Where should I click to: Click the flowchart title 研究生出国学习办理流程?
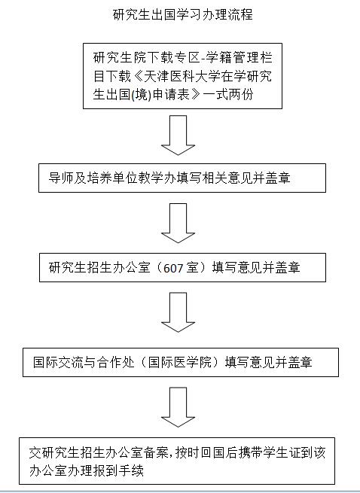tap(182, 15)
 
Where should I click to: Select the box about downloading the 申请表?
tap(182, 76)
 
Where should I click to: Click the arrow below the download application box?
tap(178, 135)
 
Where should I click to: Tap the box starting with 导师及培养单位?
tap(182, 178)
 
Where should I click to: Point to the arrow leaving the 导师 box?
tap(178, 224)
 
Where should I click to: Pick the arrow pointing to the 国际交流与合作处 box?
tap(178, 312)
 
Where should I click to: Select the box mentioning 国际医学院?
tap(181, 362)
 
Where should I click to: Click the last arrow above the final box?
tap(178, 407)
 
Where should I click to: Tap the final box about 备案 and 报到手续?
tap(177, 461)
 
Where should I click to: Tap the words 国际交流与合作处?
tap(84, 362)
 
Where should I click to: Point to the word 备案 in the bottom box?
tap(156, 452)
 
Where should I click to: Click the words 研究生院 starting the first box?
tap(119, 57)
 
